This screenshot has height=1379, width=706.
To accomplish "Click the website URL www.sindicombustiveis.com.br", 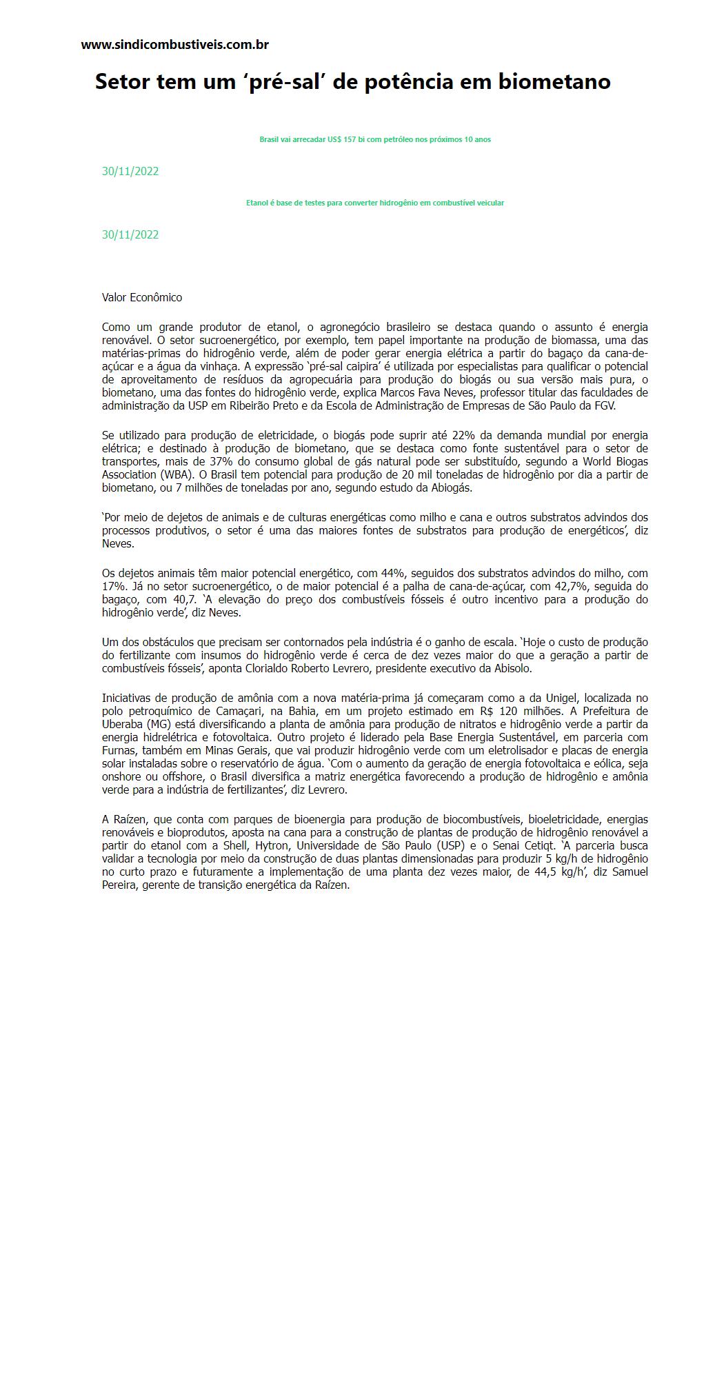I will (174, 45).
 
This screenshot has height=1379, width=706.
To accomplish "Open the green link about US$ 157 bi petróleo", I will (375, 139).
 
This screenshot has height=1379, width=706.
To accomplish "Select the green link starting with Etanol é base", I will (375, 203).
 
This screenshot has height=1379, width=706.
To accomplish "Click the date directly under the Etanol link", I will (130, 234).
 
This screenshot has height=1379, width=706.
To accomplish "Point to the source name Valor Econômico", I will (142, 297).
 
